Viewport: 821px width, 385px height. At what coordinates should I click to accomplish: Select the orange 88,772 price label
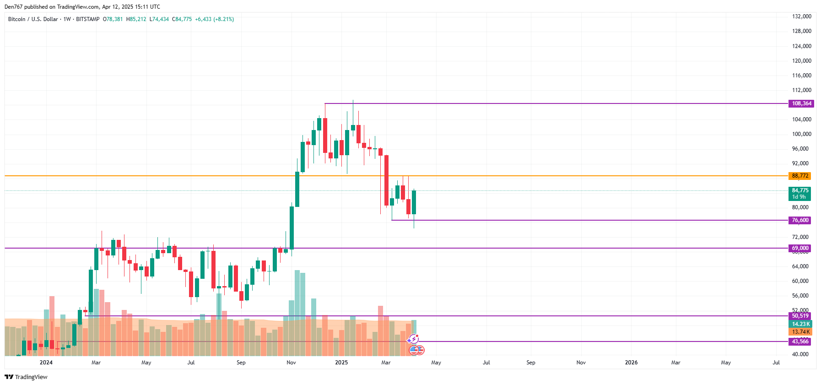click(800, 176)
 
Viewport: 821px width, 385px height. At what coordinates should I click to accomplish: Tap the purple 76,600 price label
click(800, 220)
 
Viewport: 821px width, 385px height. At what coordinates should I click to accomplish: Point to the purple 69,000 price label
click(800, 248)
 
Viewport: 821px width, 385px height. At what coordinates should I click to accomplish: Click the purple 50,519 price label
click(800, 316)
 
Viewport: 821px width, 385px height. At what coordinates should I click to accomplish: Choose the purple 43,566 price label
click(800, 342)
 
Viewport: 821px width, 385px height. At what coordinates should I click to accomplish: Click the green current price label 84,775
click(800, 190)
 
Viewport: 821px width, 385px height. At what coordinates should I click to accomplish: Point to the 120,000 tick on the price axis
click(801, 61)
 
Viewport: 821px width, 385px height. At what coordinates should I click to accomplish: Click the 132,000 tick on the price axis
click(801, 16)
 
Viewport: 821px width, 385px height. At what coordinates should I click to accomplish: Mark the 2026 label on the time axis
click(631, 363)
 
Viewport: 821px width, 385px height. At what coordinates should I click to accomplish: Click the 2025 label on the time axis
click(341, 363)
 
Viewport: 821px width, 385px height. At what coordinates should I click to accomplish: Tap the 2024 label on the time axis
click(46, 363)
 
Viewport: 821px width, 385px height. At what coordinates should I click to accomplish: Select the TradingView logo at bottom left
click(26, 377)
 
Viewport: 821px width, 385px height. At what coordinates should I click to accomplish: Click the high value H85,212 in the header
click(136, 19)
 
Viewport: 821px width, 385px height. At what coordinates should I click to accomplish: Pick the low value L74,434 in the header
click(159, 19)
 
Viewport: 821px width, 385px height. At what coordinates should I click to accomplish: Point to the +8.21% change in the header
click(224, 19)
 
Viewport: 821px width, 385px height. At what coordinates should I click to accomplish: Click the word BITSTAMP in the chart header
click(88, 19)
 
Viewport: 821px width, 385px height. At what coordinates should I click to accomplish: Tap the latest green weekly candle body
click(414, 202)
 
